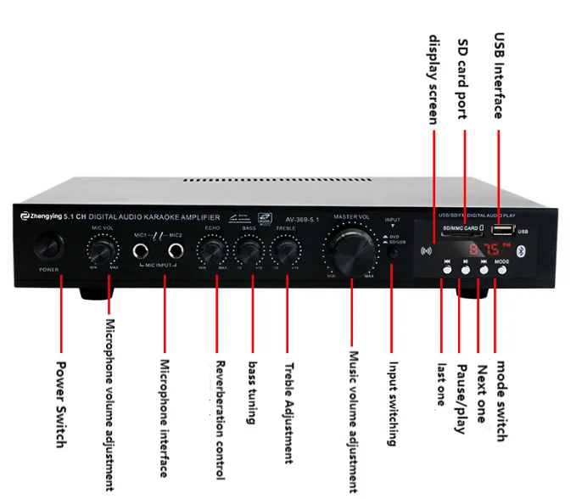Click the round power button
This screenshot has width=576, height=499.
(49, 247)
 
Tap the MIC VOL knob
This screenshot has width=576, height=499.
(102, 250)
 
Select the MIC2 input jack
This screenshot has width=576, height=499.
(176, 250)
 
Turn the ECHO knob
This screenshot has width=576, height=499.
(212, 251)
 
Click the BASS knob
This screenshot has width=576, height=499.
(249, 251)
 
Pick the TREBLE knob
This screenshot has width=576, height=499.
(286, 251)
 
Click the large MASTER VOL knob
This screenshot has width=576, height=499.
(350, 251)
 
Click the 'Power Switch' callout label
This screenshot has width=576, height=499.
(61, 403)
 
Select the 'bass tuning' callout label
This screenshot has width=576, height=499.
(253, 392)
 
